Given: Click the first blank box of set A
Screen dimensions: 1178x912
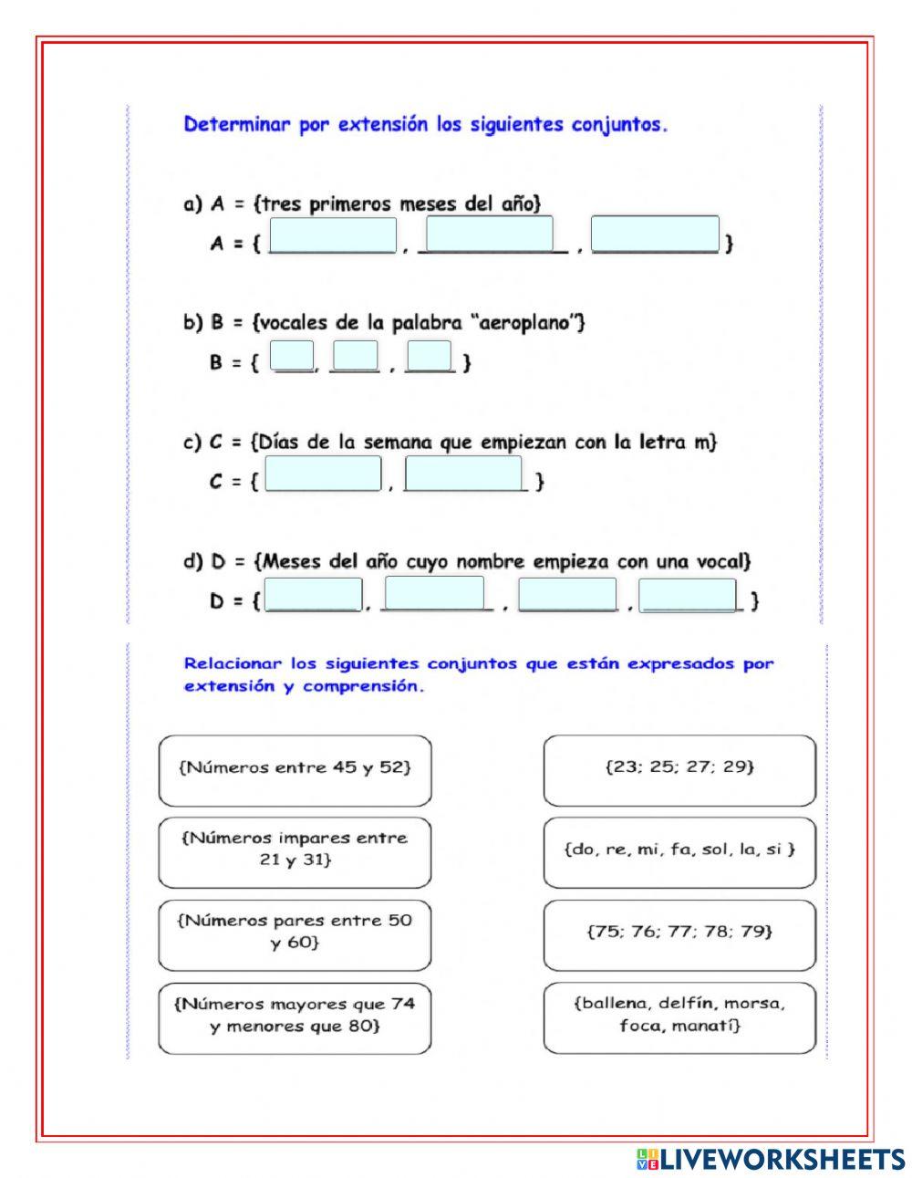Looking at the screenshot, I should (x=334, y=235).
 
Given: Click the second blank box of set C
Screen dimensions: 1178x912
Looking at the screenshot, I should (x=463, y=474).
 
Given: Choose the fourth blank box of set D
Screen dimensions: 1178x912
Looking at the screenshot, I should (x=688, y=595).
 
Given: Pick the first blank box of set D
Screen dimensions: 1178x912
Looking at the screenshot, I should (x=313, y=595).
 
